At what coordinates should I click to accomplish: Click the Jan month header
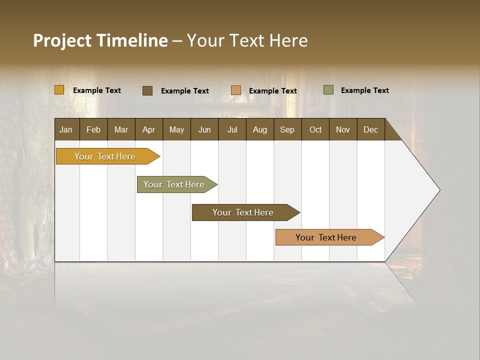(66, 129)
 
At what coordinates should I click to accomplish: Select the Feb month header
(93, 129)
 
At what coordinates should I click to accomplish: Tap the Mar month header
(121, 129)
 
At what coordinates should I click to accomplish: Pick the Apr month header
(149, 129)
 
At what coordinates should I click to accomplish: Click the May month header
(176, 129)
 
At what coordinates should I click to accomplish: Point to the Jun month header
(204, 129)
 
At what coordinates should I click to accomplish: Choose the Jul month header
(232, 129)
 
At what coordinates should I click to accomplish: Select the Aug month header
(260, 129)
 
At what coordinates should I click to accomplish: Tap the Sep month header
(287, 129)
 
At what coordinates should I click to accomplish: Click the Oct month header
(315, 129)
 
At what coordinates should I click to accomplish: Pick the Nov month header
(343, 129)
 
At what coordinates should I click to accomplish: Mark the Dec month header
(371, 129)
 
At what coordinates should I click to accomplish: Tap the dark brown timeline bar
(243, 212)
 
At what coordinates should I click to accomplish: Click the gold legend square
(59, 90)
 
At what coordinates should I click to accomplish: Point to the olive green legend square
(328, 90)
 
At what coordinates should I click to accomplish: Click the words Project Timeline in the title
(100, 40)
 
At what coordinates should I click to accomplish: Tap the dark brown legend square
(147, 90)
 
